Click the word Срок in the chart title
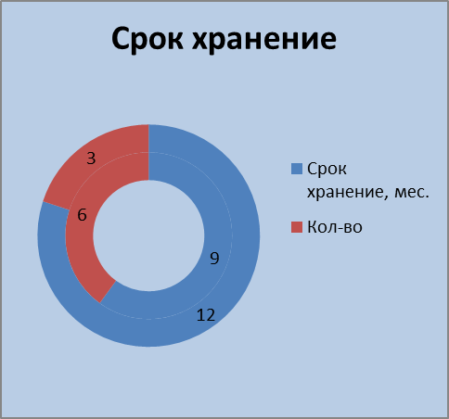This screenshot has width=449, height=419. (x=148, y=40)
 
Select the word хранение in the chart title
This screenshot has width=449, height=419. (x=264, y=40)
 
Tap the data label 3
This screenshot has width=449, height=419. (x=91, y=159)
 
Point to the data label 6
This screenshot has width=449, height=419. (x=82, y=215)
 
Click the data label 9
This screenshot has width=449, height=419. (x=214, y=258)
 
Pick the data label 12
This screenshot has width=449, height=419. (x=206, y=315)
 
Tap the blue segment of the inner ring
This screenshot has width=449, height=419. (x=216, y=216)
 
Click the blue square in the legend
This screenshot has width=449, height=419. (x=297, y=169)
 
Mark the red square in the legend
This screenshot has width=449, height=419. (x=297, y=227)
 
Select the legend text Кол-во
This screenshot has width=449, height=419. (x=335, y=227)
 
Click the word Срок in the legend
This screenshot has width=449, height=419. (x=327, y=169)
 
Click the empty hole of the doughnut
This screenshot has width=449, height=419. (x=148, y=235)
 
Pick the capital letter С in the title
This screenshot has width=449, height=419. (x=123, y=39)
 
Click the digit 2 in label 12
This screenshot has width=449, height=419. (x=211, y=315)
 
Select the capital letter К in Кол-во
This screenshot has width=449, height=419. (x=312, y=227)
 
